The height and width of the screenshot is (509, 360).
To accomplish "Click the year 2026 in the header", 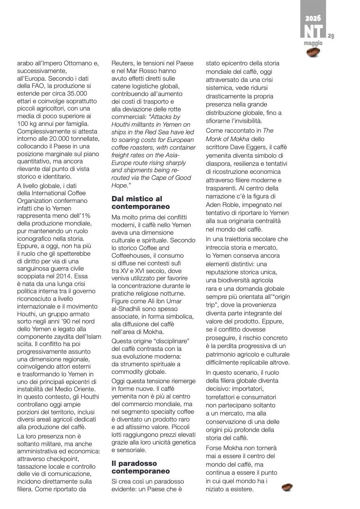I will [313, 19].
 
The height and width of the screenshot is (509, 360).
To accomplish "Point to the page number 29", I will [331, 36].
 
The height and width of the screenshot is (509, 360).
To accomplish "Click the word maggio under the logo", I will [313, 43].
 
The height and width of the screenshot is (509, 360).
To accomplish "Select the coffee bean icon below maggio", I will [313, 52].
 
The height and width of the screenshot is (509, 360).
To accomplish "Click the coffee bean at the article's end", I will [287, 488].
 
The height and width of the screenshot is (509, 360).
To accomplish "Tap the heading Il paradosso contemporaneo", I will [141, 467].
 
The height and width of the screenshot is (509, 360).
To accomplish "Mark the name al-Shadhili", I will [128, 309].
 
